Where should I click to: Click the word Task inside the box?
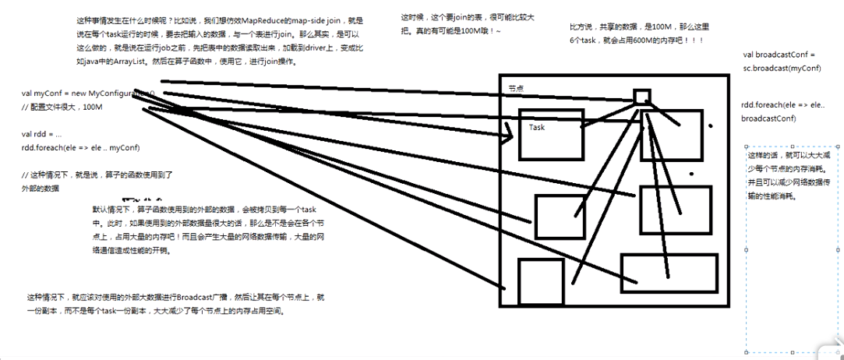pos(537,127)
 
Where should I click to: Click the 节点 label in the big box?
pos(515,89)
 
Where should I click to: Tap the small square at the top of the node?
pos(641,97)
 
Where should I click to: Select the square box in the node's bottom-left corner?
pos(540,281)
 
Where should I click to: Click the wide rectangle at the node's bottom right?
pos(668,272)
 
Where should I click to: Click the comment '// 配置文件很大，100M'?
pos(62,107)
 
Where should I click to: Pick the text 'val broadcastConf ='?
pos(779,55)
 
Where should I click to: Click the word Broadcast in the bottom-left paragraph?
pos(198,298)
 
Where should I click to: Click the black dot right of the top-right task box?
pos(709,126)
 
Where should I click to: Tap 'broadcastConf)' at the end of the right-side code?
pos(768,118)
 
